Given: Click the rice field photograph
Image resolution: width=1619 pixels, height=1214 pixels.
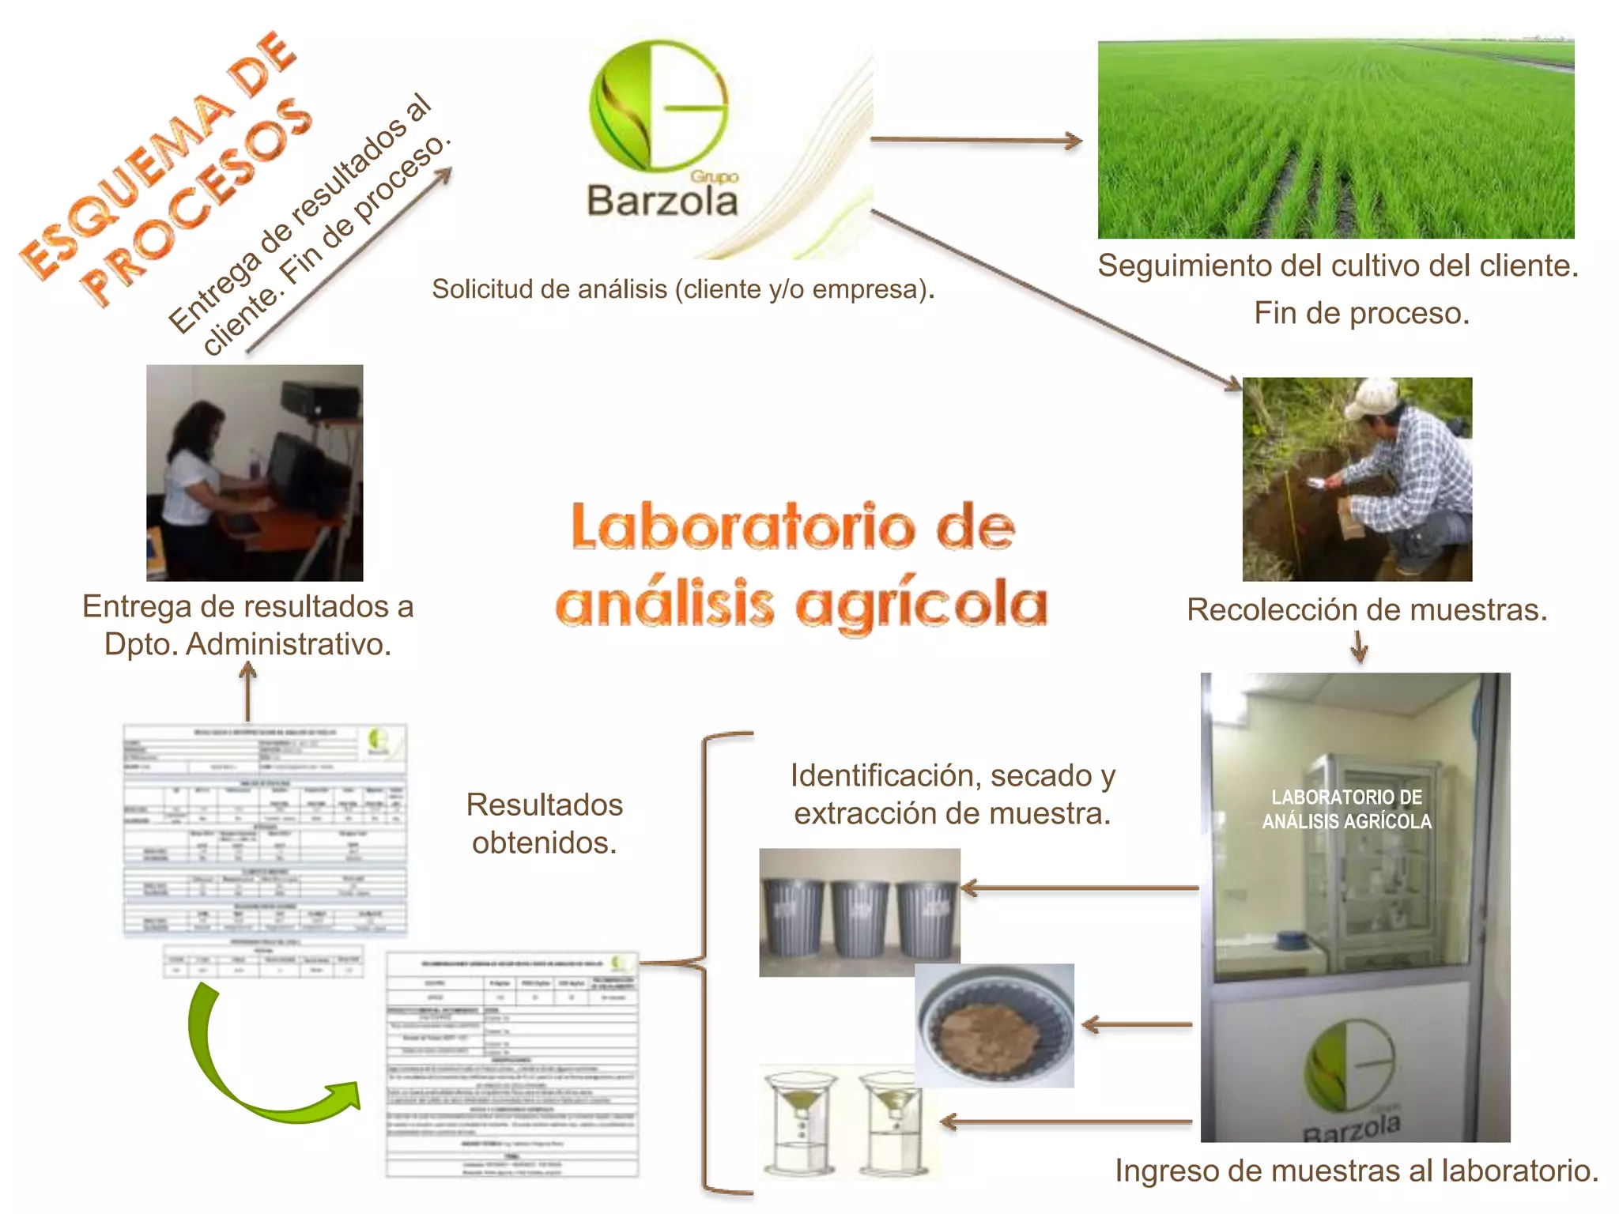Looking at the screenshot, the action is tap(1336, 140).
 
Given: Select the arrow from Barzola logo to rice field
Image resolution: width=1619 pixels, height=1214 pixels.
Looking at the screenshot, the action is tap(976, 141).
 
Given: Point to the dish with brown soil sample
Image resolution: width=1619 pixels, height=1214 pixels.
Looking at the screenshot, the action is tap(994, 1026).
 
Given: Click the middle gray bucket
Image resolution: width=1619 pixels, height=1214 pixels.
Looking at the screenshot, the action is tap(859, 917).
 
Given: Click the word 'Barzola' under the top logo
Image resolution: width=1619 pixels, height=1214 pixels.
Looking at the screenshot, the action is tap(662, 201).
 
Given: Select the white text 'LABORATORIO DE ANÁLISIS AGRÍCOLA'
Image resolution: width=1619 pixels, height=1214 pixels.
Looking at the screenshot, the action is tap(1346, 809).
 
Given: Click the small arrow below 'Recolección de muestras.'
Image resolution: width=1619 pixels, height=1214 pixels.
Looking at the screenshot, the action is tap(1359, 647).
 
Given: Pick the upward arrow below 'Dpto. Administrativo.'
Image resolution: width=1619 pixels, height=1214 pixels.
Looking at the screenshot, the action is tap(248, 691).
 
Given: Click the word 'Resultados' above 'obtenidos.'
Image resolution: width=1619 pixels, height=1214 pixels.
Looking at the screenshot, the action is tap(545, 805).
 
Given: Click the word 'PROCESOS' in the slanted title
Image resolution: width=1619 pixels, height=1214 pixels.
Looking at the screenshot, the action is tap(198, 202).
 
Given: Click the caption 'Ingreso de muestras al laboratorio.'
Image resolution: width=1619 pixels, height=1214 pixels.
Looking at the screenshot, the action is tap(1357, 1171).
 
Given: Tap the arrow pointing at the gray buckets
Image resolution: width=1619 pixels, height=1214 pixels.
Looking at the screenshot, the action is tap(1079, 888).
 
